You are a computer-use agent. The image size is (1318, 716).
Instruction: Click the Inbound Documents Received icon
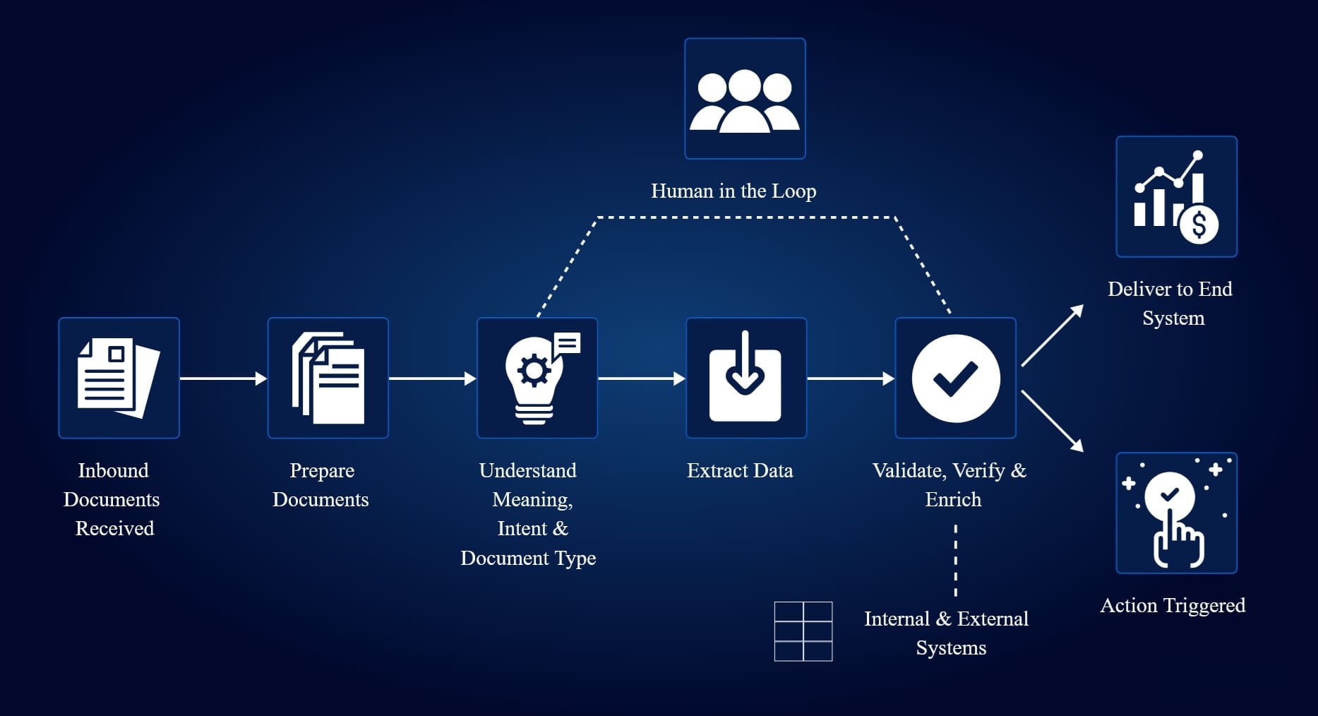pos(119,378)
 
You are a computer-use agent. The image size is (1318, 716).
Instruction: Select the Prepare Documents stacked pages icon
pos(328,378)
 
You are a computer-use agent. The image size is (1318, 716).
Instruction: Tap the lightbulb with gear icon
pos(534,380)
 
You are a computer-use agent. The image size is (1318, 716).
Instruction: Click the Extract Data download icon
pos(745,378)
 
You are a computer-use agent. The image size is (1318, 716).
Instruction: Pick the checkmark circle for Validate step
pos(955,378)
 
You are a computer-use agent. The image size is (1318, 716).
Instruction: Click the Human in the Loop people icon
pos(745,99)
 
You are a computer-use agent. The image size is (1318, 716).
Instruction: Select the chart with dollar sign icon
pos(1176,196)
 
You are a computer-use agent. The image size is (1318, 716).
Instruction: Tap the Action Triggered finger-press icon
pos(1176,513)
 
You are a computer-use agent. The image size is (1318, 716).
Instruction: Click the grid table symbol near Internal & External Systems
pos(803,631)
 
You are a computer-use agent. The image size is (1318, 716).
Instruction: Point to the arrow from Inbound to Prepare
pos(223,378)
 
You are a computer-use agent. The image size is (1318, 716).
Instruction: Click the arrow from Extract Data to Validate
pos(851,378)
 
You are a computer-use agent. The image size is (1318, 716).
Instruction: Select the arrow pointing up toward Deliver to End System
pos(1052,335)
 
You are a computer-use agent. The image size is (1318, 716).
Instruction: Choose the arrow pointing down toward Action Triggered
pos(1052,421)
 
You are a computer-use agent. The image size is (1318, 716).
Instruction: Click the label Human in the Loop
pos(733,191)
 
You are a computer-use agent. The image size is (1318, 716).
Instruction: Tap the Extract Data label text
pos(740,470)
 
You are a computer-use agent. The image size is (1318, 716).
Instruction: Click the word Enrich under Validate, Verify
pos(953,499)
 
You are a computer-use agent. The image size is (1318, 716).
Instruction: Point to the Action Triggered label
pos(1173,605)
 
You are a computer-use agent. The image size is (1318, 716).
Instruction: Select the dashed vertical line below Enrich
pos(956,561)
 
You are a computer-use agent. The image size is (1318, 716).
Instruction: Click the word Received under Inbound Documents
pos(114,528)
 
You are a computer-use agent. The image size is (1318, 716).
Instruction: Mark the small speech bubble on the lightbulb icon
pos(567,344)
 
